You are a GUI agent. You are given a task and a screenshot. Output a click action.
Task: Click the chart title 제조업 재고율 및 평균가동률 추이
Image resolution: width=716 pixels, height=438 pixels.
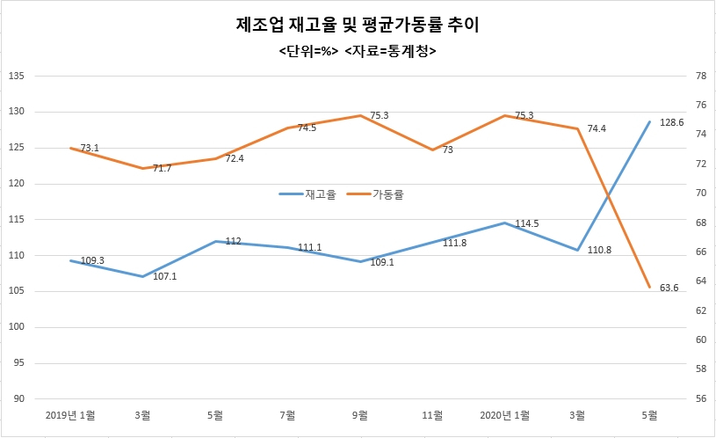pos(358,25)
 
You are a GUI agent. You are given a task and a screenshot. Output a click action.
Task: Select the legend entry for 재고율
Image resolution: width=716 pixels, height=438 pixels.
pos(307,194)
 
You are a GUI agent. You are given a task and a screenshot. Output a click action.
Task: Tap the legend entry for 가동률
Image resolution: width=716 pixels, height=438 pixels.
pos(375,194)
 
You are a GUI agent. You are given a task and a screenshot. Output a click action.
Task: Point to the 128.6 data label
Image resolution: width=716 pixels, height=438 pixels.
pos(672,122)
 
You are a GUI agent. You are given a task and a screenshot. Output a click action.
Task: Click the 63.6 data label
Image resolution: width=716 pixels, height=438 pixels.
pos(669,288)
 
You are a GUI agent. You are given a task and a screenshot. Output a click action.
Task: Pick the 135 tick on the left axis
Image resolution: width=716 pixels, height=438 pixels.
pos(17,76)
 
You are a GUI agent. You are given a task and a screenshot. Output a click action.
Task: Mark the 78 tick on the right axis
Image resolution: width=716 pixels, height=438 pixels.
pos(701,76)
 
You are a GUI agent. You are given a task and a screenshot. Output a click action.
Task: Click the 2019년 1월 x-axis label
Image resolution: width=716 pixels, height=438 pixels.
pos(70,415)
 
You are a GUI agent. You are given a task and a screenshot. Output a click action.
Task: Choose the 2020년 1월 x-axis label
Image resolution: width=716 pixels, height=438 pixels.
pos(504,415)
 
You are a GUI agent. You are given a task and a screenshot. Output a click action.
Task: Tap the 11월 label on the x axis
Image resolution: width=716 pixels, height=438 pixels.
pos(432,415)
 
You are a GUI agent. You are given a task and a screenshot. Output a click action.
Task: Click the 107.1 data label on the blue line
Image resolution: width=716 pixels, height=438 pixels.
pos(164,276)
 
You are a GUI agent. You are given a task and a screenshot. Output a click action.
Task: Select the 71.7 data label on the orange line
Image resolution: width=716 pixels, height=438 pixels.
pos(163,168)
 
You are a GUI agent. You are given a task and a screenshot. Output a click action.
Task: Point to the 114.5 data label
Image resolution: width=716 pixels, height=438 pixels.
pos(527,223)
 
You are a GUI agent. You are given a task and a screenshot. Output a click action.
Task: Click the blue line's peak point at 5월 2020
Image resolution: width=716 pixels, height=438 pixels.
pos(649,121)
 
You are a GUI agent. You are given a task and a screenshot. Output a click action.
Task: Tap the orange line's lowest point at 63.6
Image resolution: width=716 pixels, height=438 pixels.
pos(649,287)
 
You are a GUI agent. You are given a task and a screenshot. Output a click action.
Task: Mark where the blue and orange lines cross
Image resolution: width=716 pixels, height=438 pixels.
pos(608,195)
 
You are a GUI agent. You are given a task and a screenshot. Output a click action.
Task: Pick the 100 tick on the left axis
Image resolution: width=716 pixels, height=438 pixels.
pos(17,327)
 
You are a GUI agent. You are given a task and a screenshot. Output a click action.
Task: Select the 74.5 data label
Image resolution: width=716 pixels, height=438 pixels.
pos(307,128)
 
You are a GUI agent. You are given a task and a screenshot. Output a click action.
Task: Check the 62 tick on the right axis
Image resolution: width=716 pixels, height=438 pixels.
pos(701,310)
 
